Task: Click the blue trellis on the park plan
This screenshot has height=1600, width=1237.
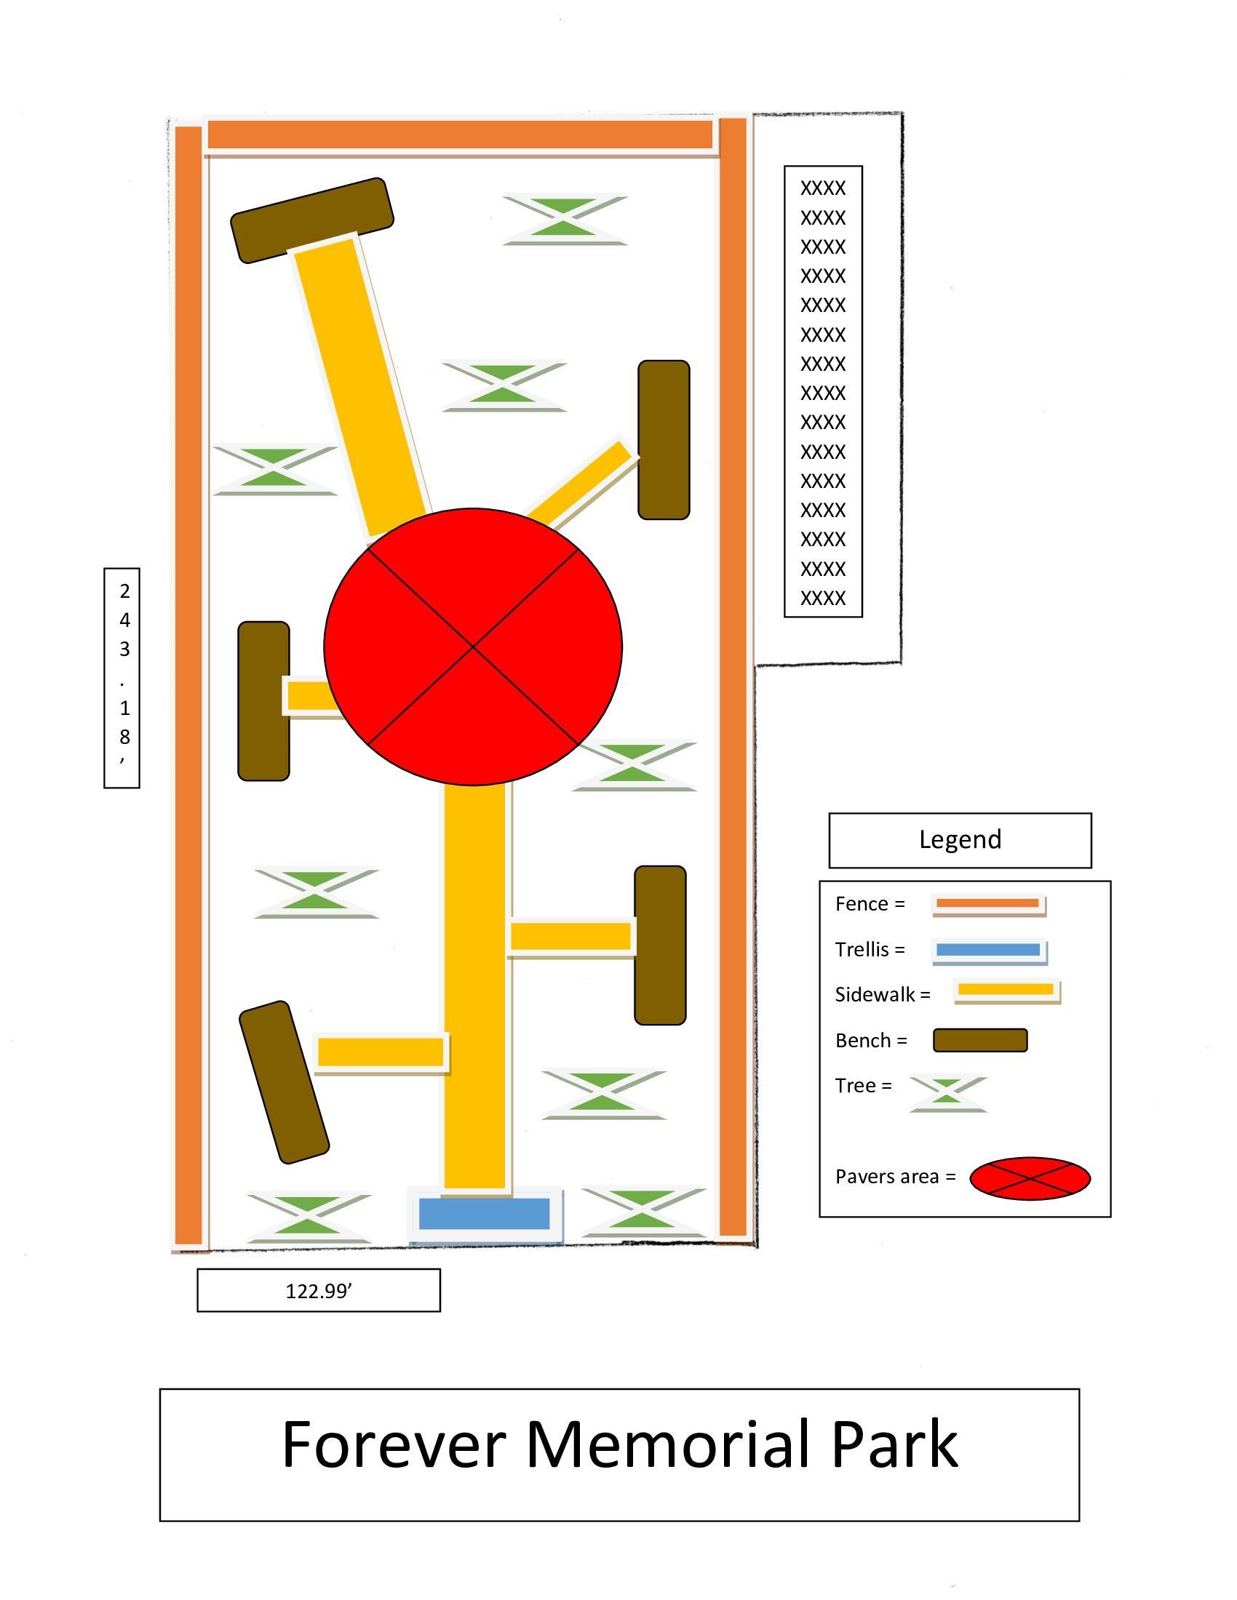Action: click(x=484, y=1213)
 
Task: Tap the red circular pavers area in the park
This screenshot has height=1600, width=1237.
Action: click(x=473, y=646)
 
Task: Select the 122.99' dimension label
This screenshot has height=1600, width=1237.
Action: click(x=319, y=1290)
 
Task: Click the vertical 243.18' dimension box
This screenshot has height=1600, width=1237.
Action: click(x=122, y=678)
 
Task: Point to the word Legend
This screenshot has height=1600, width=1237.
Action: click(x=960, y=839)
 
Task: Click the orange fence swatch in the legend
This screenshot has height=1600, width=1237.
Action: click(x=988, y=903)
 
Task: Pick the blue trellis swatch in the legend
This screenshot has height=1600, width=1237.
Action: click(x=989, y=949)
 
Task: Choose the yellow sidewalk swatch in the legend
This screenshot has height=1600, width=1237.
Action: click(x=1006, y=990)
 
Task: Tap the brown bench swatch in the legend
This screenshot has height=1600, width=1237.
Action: click(x=980, y=1040)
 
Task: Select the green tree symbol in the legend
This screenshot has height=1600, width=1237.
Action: click(x=947, y=1093)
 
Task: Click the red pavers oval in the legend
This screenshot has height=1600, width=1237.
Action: click(x=1030, y=1178)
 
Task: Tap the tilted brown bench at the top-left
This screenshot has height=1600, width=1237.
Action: click(x=312, y=220)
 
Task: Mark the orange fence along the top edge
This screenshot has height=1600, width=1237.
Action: click(x=460, y=135)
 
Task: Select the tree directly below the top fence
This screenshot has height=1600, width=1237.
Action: click(x=565, y=219)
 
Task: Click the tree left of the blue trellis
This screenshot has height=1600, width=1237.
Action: click(x=309, y=1217)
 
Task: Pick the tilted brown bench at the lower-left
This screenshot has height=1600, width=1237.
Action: click(x=284, y=1082)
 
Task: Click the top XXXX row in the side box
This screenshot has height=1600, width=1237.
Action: click(x=823, y=188)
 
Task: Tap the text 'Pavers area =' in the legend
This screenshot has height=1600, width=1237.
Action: click(x=896, y=1177)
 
